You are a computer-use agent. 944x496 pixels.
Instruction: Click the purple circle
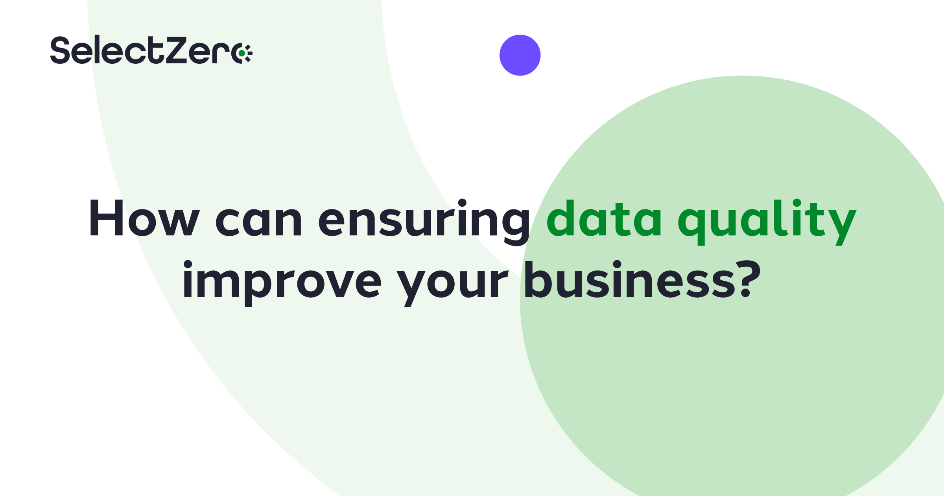point(520,55)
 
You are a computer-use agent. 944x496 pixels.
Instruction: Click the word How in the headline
point(144,218)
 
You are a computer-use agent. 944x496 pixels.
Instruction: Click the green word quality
point(767,222)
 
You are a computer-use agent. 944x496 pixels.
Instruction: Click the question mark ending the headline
point(747,278)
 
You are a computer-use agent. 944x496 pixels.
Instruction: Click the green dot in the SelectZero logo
point(242,53)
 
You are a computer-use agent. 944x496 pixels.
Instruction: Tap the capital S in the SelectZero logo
point(60,50)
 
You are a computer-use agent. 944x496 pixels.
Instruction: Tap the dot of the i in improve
point(188,264)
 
